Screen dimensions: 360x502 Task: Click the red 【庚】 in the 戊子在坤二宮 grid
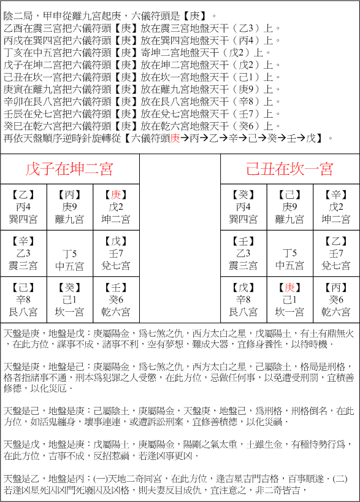[116, 195]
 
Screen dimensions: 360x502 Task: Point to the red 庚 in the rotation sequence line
[175, 138]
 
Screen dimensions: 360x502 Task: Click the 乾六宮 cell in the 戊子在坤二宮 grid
[116, 299]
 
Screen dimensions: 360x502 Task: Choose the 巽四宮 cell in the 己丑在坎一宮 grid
[243, 207]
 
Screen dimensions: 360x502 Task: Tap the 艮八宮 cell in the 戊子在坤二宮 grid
[24, 299]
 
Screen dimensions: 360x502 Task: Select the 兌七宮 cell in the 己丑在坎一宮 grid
[335, 253]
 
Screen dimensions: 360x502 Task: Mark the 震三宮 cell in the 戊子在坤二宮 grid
[24, 253]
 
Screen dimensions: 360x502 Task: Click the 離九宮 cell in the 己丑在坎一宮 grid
[289, 207]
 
